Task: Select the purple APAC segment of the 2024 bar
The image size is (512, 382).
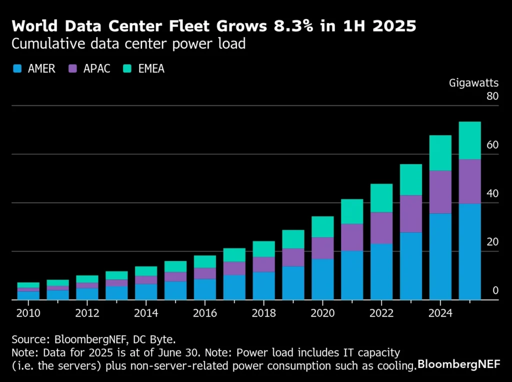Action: point(440,192)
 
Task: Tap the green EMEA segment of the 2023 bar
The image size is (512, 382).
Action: point(410,179)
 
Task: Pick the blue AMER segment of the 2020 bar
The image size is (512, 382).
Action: point(322,279)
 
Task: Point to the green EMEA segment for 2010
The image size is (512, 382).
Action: point(28,285)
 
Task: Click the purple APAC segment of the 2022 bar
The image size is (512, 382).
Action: point(381,228)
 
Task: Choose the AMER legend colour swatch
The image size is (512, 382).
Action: point(17,69)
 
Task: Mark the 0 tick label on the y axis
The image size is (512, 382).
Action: point(495,291)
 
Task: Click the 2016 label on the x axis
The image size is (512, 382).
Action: point(204,313)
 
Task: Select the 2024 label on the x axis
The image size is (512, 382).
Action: point(440,313)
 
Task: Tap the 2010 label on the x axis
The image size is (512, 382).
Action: point(28,313)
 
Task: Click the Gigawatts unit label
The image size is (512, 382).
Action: point(473,83)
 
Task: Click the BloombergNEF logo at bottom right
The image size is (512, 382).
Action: point(458,364)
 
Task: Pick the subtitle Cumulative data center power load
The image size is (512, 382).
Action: point(128,44)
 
